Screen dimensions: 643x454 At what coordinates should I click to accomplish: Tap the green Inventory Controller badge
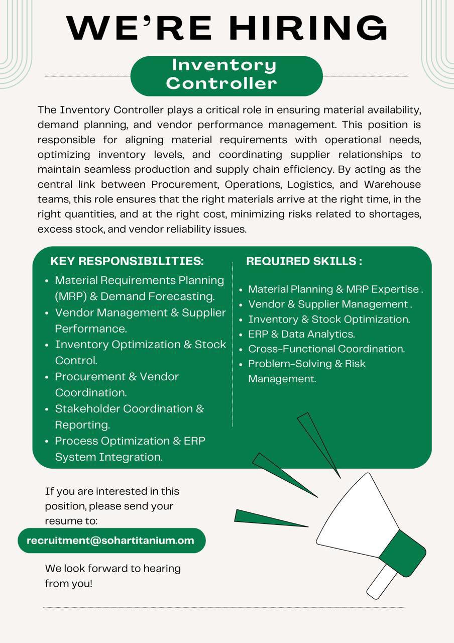point(226,75)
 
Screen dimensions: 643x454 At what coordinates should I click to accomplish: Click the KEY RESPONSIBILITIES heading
point(127,261)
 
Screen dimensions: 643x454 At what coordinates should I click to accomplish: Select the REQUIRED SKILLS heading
point(304,261)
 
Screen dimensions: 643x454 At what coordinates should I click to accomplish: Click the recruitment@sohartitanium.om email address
point(110,541)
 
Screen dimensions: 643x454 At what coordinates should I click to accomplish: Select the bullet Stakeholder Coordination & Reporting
point(129,416)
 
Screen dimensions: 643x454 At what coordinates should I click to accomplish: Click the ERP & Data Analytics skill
point(301,334)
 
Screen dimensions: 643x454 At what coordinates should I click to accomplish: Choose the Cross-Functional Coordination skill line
point(326,349)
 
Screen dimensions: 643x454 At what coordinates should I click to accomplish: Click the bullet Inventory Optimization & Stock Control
point(140,352)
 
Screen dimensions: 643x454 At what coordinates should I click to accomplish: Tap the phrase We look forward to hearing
point(112,569)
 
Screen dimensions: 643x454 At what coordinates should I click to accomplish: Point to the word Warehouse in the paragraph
point(392,184)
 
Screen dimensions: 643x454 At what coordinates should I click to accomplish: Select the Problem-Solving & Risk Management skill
point(307,371)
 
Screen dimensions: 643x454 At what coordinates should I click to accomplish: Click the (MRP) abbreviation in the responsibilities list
point(70,296)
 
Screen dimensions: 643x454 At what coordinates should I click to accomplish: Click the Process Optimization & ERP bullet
point(130,441)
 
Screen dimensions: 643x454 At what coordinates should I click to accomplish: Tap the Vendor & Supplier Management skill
point(329,304)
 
